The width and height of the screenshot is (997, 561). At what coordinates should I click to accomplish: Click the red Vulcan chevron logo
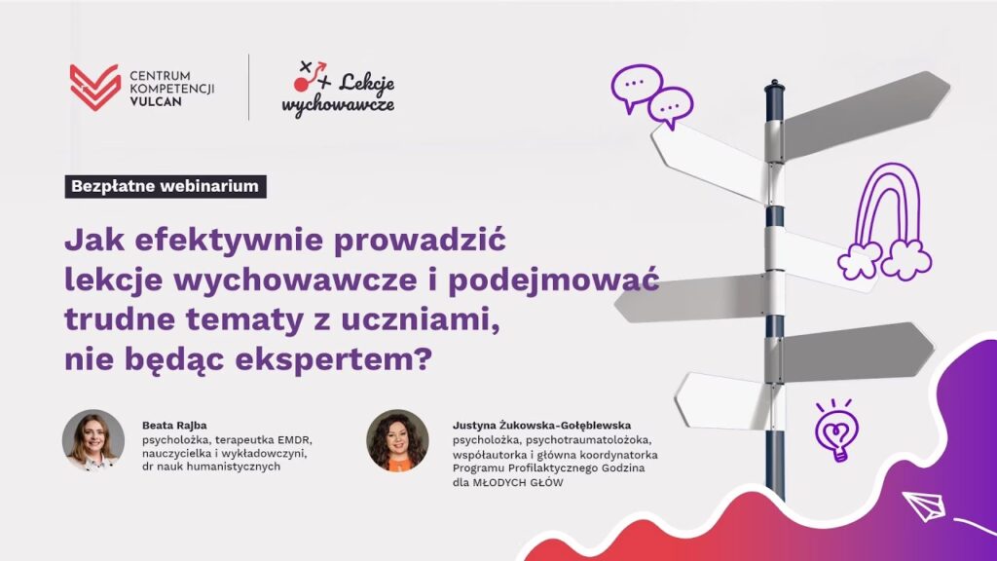[x=95, y=87]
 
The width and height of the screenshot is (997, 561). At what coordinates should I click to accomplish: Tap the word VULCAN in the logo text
[x=156, y=101]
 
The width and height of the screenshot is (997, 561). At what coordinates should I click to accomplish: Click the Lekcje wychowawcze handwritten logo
[x=338, y=89]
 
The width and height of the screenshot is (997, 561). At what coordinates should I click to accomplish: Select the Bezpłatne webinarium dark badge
[x=166, y=186]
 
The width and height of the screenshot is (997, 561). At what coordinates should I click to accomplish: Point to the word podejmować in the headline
[x=553, y=280]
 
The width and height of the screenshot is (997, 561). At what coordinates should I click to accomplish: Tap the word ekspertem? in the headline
[x=334, y=360]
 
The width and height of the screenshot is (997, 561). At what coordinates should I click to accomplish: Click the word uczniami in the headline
[x=421, y=319]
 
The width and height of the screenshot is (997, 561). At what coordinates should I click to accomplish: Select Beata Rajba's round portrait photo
[x=93, y=440]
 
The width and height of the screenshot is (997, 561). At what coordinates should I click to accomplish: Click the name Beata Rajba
[x=174, y=426]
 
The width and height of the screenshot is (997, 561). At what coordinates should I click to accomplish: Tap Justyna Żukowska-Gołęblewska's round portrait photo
[x=397, y=440]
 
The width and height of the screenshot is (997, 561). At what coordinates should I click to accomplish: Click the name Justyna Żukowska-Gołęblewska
[x=541, y=426]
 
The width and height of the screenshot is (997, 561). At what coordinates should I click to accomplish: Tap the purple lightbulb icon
[x=836, y=430]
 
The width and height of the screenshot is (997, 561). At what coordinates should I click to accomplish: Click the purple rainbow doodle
[x=885, y=222]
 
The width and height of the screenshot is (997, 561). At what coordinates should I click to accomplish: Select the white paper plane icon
[x=924, y=506]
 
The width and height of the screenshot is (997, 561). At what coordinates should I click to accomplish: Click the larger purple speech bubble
[x=637, y=88]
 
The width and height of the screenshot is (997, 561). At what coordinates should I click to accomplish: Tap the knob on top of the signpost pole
[x=774, y=86]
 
